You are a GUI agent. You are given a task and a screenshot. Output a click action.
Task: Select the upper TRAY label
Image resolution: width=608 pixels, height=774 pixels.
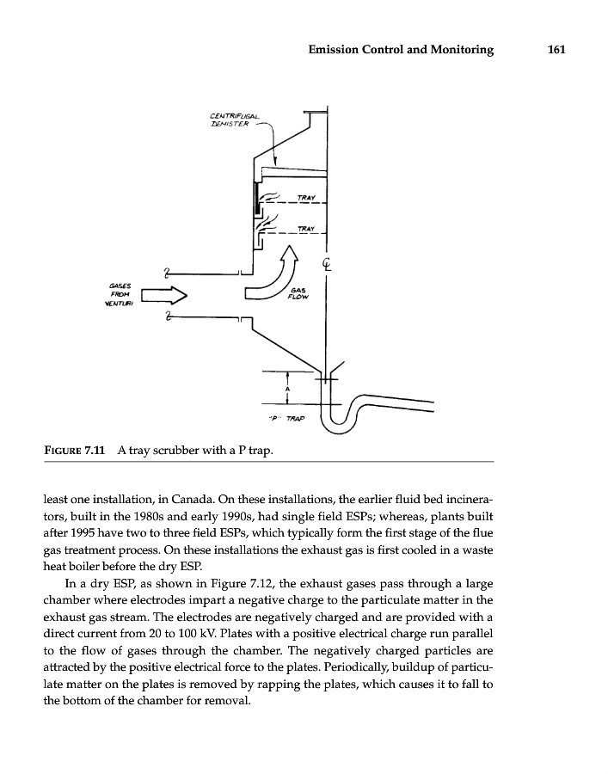(306, 198)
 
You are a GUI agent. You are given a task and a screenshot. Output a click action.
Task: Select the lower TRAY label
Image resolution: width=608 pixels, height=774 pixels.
(306, 228)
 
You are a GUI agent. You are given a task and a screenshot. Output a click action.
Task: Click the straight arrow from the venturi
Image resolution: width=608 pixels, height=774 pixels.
(163, 297)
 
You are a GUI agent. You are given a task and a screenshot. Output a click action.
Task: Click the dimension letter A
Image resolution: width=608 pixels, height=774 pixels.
(287, 390)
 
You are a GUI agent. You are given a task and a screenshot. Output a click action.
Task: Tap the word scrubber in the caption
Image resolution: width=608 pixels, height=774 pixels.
(182, 450)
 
